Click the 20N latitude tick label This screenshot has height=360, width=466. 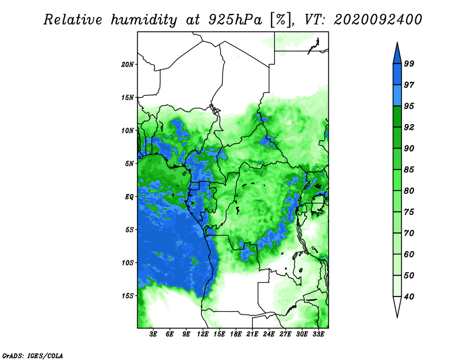(127, 65)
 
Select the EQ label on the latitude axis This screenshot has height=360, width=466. (129, 197)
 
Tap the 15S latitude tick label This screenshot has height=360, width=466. (127, 296)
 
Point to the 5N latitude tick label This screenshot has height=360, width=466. (129, 164)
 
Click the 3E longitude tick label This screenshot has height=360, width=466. (153, 334)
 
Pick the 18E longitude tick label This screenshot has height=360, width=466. (236, 334)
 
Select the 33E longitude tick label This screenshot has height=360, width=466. (318, 334)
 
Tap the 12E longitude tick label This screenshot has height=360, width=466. (203, 334)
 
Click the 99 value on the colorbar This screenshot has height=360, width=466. (409, 63)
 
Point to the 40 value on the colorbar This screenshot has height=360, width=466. (409, 297)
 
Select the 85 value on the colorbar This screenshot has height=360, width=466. (409, 170)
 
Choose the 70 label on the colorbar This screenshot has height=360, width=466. (409, 233)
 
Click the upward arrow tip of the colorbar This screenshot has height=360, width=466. (397, 43)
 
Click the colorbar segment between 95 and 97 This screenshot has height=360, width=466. (397, 96)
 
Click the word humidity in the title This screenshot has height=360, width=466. (144, 20)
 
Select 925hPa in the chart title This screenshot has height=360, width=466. (235, 20)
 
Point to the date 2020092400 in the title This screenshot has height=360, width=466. (377, 20)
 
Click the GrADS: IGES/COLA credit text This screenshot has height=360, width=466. (33, 356)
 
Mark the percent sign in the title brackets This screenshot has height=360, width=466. (281, 20)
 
